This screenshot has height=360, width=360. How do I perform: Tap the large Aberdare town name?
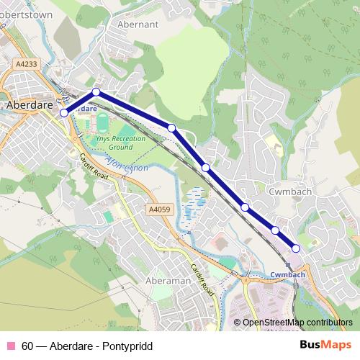pos(30,104)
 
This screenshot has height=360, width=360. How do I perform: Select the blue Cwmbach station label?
pos(289,275)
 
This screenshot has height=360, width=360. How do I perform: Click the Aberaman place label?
pos(167,280)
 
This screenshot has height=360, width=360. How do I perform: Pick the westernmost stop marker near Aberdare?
pos(64,113)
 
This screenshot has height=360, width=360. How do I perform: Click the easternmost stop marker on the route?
pos(296,248)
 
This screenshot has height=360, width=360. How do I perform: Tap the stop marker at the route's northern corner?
pos(96,91)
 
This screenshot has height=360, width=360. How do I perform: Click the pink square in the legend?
pos(11,345)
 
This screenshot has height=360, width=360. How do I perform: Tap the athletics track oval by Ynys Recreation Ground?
pos(102,119)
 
